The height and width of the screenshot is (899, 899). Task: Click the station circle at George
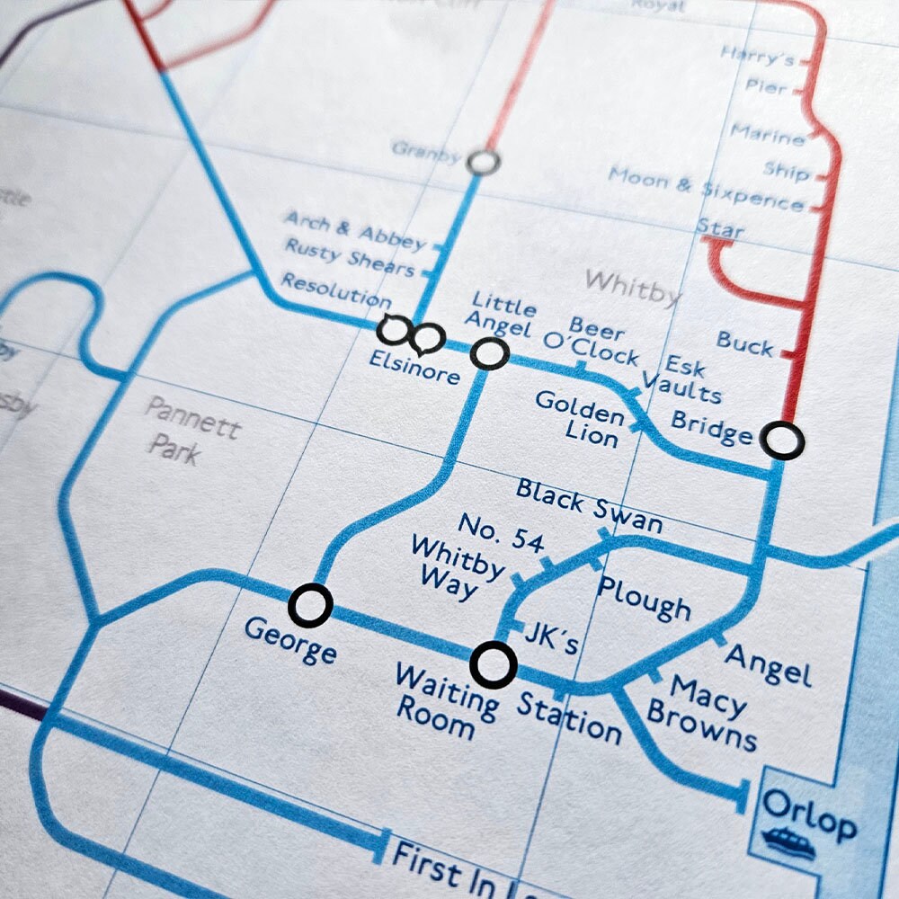310,605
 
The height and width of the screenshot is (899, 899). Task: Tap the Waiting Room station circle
494,664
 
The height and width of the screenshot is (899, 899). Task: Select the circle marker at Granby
484,162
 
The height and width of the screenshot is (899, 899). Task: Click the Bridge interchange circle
782,441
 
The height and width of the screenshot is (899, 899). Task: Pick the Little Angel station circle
490,353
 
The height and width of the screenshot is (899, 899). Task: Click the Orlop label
808,814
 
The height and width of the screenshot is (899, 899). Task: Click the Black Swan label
589,505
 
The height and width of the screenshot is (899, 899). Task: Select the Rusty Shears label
350,258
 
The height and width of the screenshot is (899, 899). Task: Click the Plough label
644,598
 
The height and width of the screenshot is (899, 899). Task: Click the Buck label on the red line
744,343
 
